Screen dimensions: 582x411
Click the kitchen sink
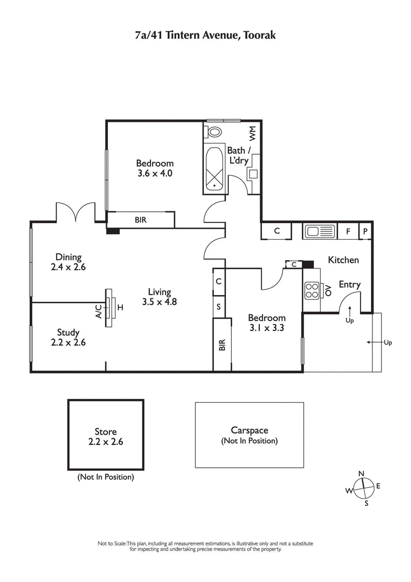(319, 231)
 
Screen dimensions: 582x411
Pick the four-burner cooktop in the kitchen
(311, 292)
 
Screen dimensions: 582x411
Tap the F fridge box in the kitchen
(348, 231)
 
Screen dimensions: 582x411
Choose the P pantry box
(365, 231)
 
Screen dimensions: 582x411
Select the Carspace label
(250, 431)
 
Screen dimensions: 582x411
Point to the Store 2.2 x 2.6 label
(105, 436)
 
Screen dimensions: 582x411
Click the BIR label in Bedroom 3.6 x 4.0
(140, 220)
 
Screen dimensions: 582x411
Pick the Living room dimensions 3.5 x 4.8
(159, 302)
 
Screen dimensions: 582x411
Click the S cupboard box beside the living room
(219, 307)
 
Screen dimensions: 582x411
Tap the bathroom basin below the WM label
(253, 173)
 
